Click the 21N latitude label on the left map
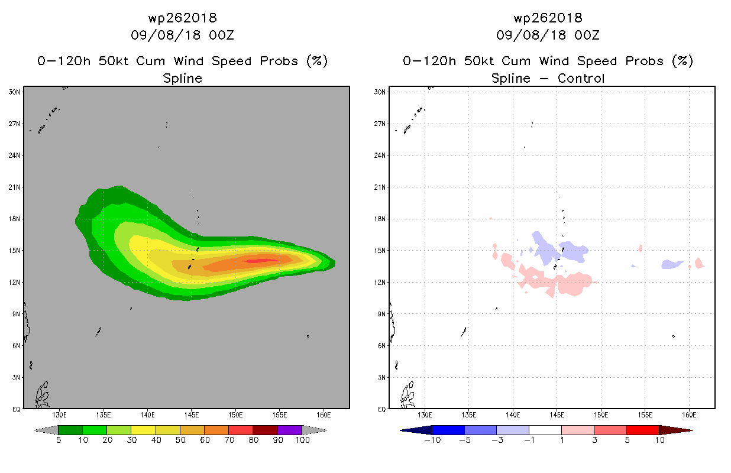coord(14,187)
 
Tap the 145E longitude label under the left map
coord(192,415)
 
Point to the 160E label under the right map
coord(689,415)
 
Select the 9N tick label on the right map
coord(381,314)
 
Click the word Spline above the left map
coord(182,78)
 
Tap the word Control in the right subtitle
coord(581,78)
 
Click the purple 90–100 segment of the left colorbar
coord(290,430)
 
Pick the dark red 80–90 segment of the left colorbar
coord(266,430)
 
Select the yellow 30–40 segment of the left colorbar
coord(144,430)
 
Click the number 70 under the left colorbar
coord(229,440)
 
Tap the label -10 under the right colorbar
coord(432,440)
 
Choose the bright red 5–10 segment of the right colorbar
coord(643,430)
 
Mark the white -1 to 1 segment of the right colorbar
coord(545,430)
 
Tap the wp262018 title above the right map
coord(548,18)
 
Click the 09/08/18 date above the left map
coord(166,35)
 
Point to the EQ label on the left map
coord(17,409)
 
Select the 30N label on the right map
coord(380,92)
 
